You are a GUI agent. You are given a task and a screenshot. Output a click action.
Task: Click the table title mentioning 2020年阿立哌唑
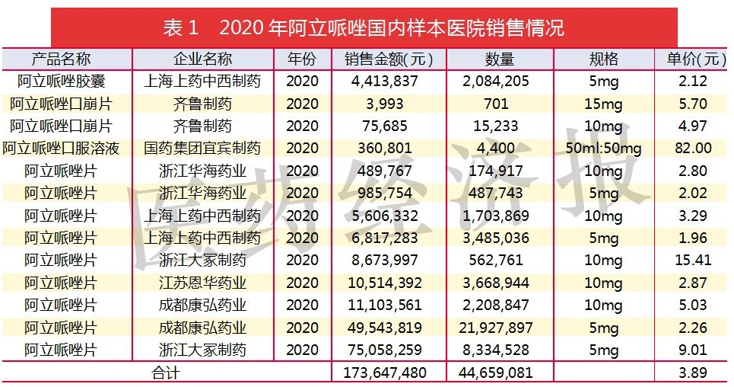pyautogui.click(x=364, y=29)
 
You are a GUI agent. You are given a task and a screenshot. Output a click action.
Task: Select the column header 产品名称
pyautogui.click(x=61, y=59)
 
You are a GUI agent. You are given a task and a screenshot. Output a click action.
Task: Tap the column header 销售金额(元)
pyautogui.click(x=388, y=59)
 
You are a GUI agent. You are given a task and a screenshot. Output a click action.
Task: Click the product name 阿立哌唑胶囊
pyautogui.click(x=61, y=82)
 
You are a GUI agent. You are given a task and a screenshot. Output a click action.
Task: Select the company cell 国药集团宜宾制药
pyautogui.click(x=202, y=149)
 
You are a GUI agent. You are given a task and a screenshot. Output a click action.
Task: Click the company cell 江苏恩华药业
pyautogui.click(x=202, y=283)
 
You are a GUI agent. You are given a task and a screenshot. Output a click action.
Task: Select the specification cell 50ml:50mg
pyautogui.click(x=604, y=149)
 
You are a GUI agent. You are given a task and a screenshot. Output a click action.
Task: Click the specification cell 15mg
pyautogui.click(x=604, y=104)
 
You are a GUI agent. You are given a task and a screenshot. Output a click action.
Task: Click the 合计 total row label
pyautogui.click(x=166, y=373)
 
